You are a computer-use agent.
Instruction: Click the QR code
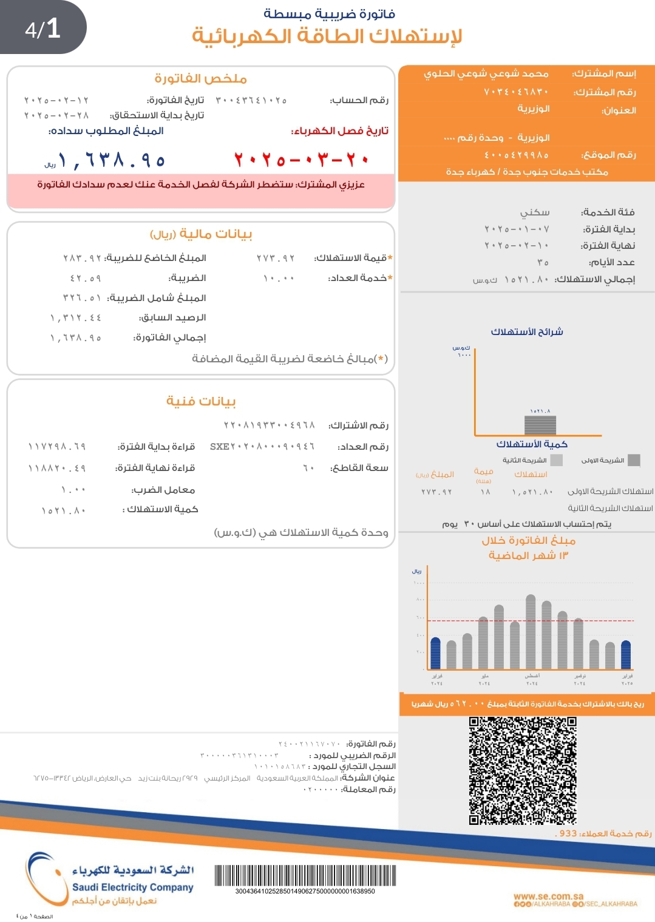pos(522,770)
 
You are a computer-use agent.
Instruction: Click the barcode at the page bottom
pos(305,876)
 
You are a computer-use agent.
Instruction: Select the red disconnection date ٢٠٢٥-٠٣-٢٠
pos(302,160)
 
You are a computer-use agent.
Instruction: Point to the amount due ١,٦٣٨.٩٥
pos(111,160)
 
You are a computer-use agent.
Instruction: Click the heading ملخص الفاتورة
pos(200,79)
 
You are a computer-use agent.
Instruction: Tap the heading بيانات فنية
pos(201,401)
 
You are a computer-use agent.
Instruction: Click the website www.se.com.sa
pos(548,896)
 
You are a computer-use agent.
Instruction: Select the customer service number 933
pos(568,833)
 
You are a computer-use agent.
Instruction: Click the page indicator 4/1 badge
pos(42,29)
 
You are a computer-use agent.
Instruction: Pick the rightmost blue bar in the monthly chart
pos(626,655)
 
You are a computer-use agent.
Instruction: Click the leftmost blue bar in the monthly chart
pos(435,653)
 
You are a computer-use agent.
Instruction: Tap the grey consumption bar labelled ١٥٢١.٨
pos(540,425)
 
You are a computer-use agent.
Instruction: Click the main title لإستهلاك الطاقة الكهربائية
pos(327,36)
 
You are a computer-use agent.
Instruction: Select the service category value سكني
pos(535,212)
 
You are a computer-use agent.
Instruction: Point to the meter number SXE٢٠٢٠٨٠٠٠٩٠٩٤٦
pos(262,447)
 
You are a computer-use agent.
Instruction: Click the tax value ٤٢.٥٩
pos(86,279)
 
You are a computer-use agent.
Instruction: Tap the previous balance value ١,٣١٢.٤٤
pos(76,318)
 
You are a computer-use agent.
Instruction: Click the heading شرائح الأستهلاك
pos(527,332)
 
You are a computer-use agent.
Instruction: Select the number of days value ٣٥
pos(543,263)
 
